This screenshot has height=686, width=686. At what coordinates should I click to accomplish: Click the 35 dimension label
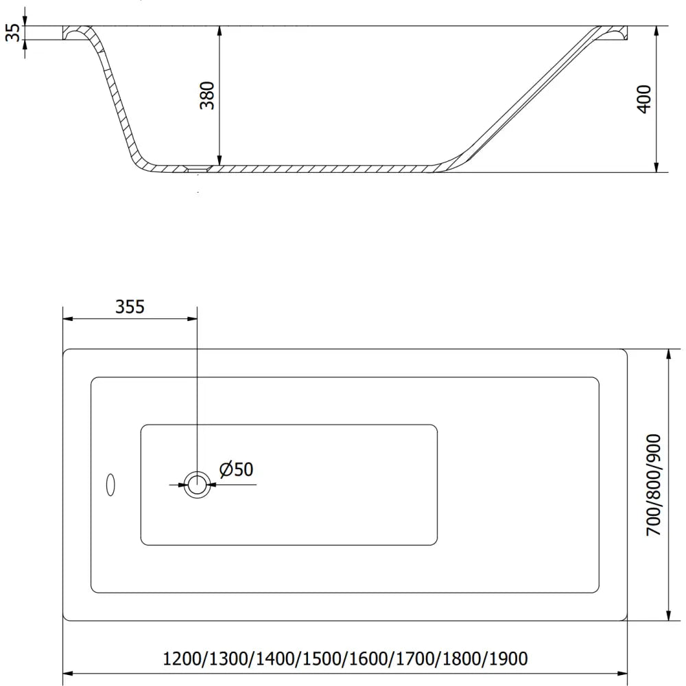pos(12,32)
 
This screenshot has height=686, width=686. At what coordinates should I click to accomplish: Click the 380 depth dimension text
pos(208,95)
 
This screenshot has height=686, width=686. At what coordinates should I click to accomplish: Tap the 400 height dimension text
pos(644,99)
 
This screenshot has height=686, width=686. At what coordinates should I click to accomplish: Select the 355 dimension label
pos(130,307)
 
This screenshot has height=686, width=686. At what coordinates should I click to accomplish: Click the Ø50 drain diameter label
pos(237,469)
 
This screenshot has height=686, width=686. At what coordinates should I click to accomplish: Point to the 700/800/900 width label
pos(654,484)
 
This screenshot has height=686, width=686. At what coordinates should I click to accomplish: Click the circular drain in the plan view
pos(198,484)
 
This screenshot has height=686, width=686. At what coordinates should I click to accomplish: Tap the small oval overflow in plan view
pos(110,484)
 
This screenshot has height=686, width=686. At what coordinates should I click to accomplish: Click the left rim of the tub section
pos(78,33)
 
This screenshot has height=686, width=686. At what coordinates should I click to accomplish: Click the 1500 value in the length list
pos(322,659)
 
